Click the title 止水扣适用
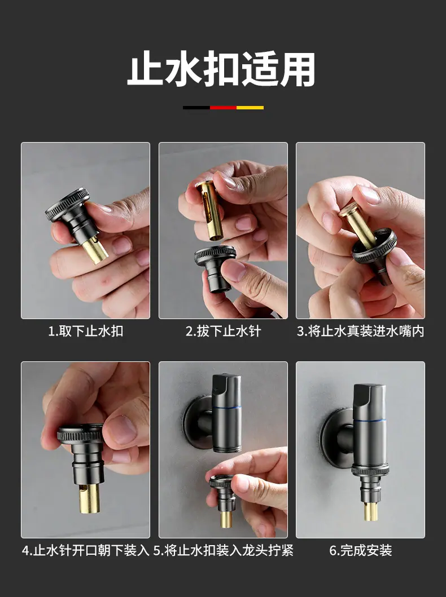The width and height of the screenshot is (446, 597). [221, 69]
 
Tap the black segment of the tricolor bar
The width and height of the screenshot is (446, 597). [196, 108]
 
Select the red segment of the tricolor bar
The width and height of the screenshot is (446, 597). [224, 108]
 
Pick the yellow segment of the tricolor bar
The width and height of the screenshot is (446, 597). [250, 108]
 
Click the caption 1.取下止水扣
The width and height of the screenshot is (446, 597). [86, 331]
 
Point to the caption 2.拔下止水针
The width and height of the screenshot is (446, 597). [224, 331]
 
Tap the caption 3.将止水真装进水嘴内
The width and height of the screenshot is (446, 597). [361, 331]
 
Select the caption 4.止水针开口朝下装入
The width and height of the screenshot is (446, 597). [86, 550]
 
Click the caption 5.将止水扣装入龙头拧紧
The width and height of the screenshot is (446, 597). [224, 550]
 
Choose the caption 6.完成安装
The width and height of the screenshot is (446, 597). [361, 550]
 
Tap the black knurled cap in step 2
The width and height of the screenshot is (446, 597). [214, 268]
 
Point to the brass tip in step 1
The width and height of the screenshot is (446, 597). [95, 249]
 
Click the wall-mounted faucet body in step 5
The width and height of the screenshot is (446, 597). [226, 413]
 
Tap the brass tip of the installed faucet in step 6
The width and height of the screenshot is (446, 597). [371, 511]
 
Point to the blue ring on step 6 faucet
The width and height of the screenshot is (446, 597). [370, 421]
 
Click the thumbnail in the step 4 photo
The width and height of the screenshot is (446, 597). [121, 429]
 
